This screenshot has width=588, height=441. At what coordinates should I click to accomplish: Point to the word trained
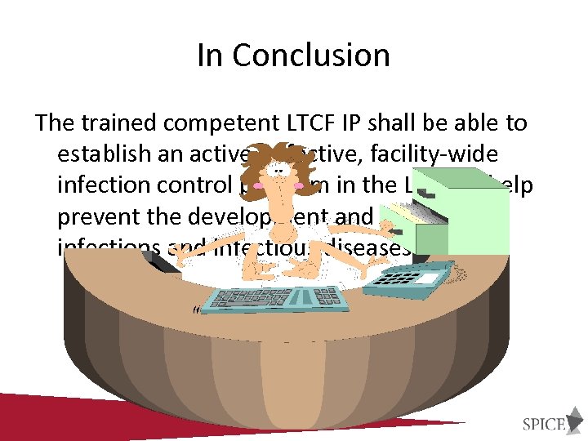point(120,123)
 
